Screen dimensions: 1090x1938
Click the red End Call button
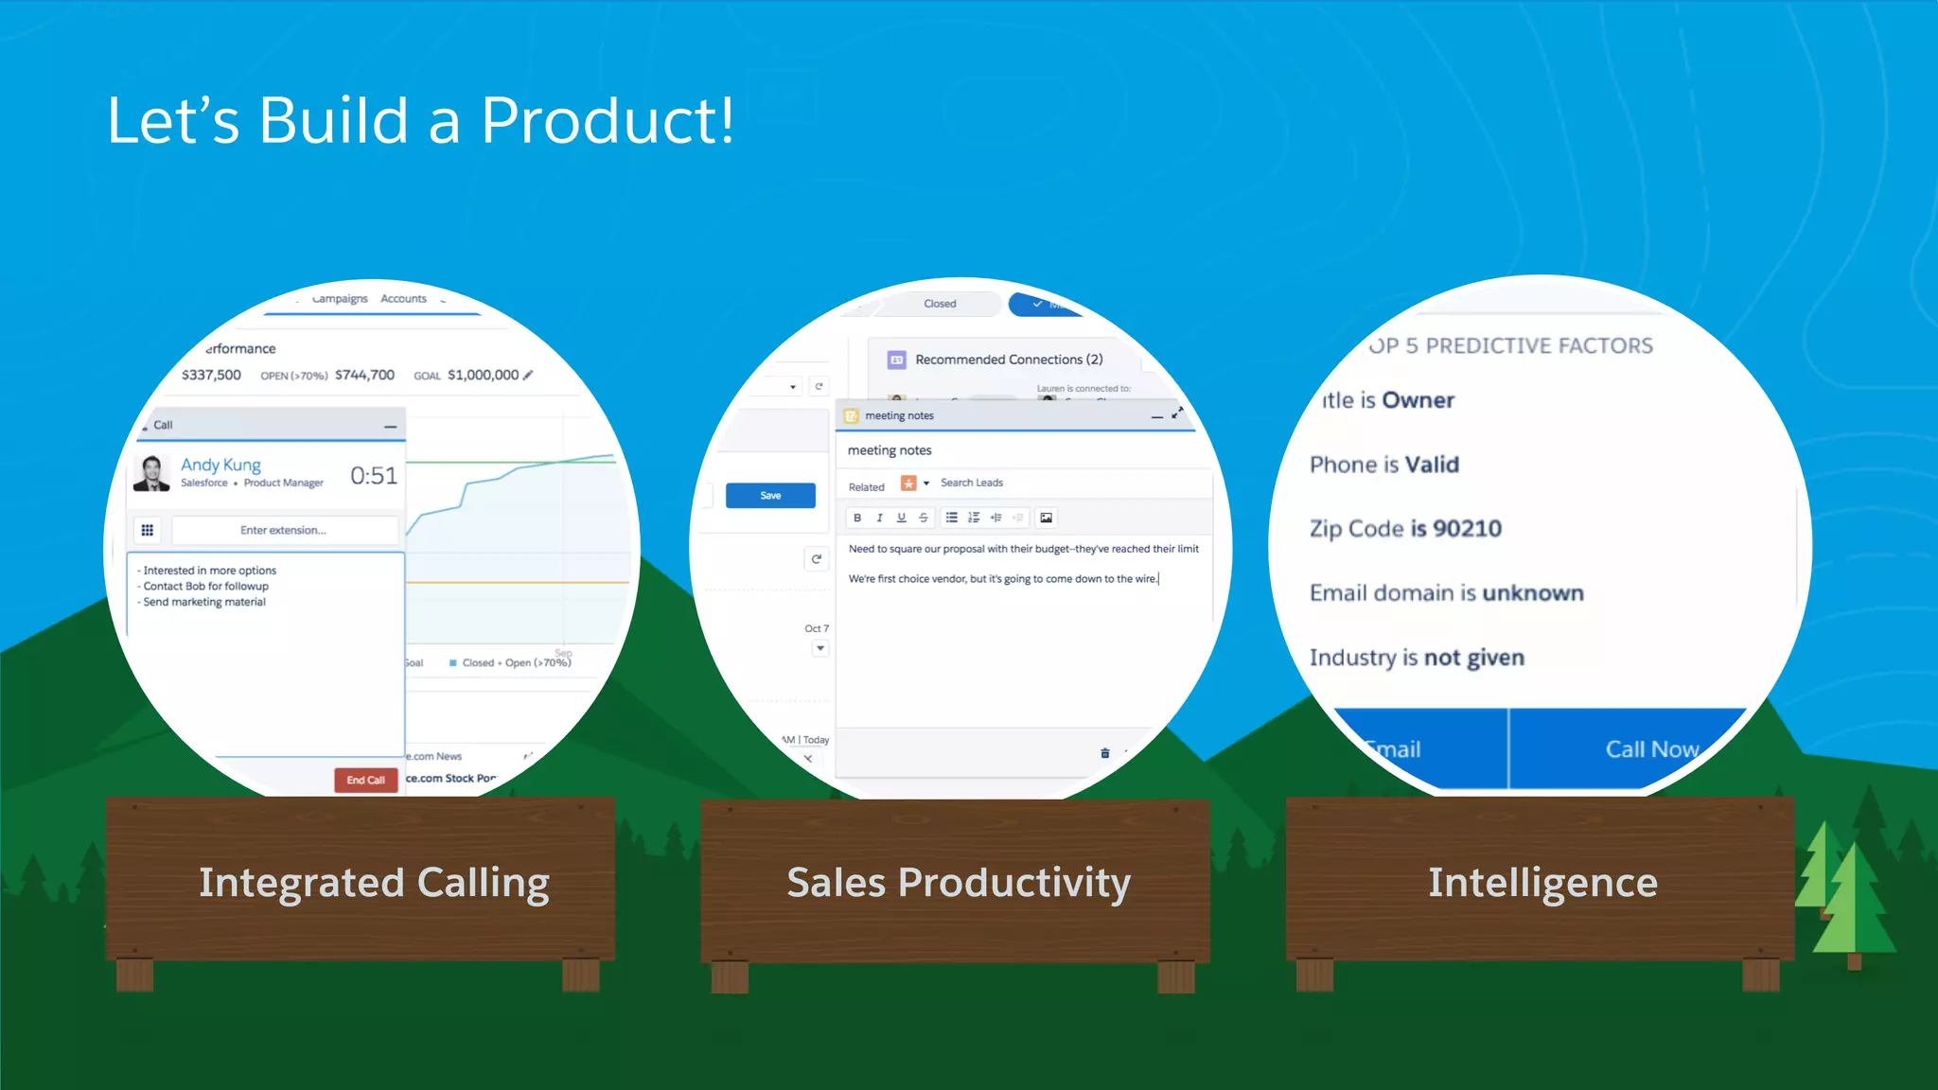click(x=365, y=780)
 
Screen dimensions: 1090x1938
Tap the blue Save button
click(x=770, y=495)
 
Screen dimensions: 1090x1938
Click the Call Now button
click(x=1651, y=748)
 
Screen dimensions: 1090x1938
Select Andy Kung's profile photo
click(x=151, y=472)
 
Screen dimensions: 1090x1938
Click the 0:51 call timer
click(x=374, y=475)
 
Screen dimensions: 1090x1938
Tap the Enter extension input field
click(x=283, y=530)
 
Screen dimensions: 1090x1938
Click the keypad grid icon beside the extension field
click(x=148, y=530)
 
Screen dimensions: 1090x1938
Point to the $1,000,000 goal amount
click(x=483, y=375)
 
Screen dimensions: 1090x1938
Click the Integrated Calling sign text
click(x=374, y=882)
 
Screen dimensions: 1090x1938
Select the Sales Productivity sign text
click(x=958, y=882)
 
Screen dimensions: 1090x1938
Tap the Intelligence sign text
click(x=1542, y=882)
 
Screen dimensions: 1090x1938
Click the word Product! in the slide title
click(x=608, y=120)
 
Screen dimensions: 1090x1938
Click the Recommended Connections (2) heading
click(x=1008, y=360)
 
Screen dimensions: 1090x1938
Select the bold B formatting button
click(x=857, y=518)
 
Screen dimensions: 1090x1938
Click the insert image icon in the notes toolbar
click(x=1046, y=518)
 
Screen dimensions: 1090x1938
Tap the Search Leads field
click(x=972, y=483)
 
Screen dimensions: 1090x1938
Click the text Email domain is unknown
click(x=1446, y=593)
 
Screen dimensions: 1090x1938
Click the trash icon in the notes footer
click(x=1104, y=753)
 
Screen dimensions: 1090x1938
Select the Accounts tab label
click(x=403, y=299)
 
